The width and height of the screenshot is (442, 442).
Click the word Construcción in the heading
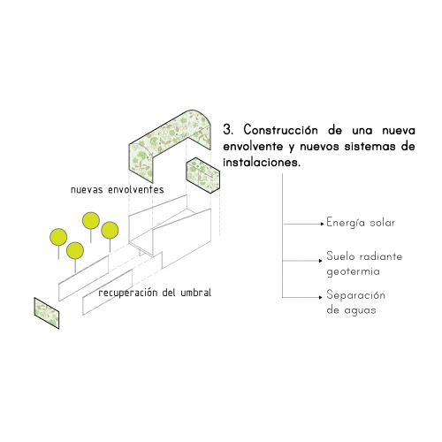pos(281,130)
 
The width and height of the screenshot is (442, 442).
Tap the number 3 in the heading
pos(227,130)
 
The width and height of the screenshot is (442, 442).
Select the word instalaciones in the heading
pos(262,162)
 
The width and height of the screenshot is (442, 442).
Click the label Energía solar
pos(361,223)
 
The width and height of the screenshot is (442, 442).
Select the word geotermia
pos(353,271)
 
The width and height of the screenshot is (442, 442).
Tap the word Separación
pos(355,295)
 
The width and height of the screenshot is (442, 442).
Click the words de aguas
pos(351,310)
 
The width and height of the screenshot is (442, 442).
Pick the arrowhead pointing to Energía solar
pos(323,224)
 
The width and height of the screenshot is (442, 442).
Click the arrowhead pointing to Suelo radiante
pos(321,261)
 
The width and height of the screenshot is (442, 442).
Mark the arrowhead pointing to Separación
pos(321,297)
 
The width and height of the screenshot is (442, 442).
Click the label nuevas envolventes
pos(118,190)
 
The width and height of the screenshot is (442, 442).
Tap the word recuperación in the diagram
pos(128,293)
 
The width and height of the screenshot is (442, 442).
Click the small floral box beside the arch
pos(202,175)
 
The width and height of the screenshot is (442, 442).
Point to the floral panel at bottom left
pos(47,313)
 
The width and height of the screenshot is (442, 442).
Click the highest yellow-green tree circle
pos(91,221)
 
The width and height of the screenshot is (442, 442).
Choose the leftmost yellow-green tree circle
pos(58,237)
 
